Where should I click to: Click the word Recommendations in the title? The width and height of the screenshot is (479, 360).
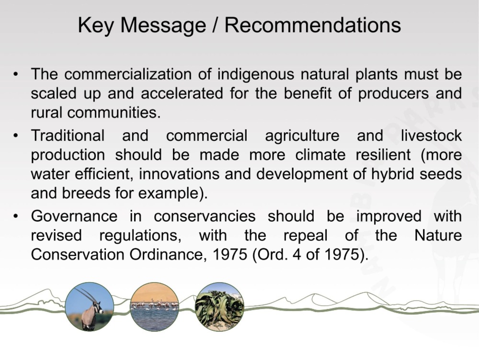(x=312, y=25)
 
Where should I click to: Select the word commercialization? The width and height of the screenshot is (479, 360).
(x=128, y=74)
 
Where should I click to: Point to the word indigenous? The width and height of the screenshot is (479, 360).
(x=256, y=75)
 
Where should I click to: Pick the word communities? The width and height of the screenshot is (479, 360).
(x=114, y=113)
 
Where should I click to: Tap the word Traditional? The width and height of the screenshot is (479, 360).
(x=68, y=135)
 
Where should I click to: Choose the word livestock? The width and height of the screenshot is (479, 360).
(x=431, y=135)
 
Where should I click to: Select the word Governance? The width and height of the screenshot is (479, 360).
(x=74, y=216)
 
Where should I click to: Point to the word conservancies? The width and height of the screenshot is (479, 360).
(x=205, y=216)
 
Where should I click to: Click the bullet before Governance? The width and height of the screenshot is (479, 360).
(x=16, y=216)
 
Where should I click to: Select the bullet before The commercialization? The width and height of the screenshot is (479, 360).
(x=16, y=74)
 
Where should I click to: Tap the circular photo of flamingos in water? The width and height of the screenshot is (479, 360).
(x=154, y=307)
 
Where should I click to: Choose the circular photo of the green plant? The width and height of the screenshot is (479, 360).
(x=219, y=307)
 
